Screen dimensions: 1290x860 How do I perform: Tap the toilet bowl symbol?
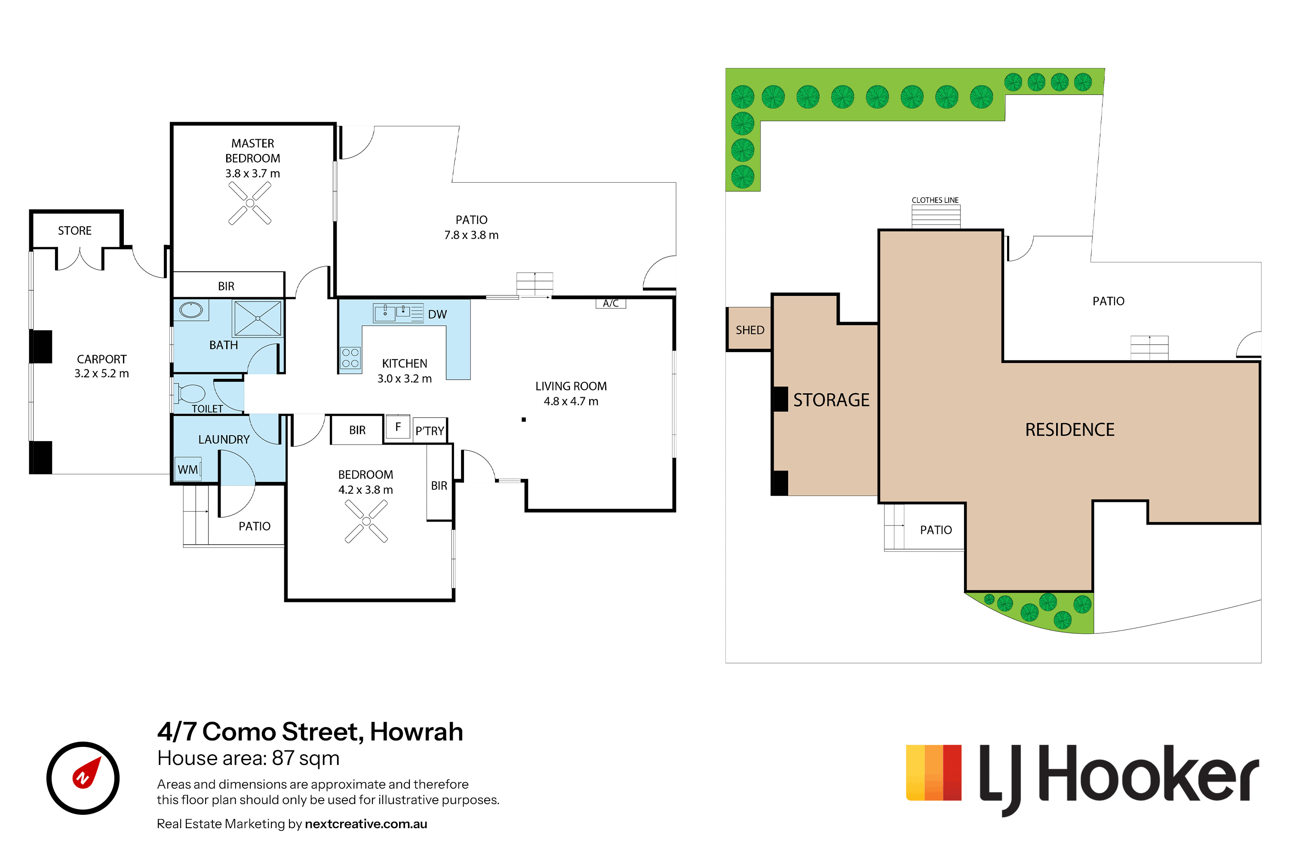[x=189, y=393]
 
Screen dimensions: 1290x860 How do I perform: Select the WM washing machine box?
[x=187, y=470]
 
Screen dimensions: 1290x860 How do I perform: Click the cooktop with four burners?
[x=350, y=358]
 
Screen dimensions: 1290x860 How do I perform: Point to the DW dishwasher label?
[x=438, y=314]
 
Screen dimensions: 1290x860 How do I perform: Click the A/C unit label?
[x=611, y=303]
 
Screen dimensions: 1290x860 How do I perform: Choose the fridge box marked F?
[x=398, y=427]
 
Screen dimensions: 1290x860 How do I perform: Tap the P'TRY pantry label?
[x=430, y=431]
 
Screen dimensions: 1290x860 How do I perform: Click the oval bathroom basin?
[x=191, y=310]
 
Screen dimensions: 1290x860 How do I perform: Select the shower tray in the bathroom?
[x=257, y=318]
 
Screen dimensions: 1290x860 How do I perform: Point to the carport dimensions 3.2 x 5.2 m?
[x=101, y=374]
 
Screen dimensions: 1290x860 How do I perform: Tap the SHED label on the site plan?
[x=750, y=330]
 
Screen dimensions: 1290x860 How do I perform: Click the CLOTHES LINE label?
[x=935, y=200]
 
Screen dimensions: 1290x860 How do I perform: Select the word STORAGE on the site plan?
[x=832, y=400]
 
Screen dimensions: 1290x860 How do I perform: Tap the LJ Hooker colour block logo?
[x=934, y=772]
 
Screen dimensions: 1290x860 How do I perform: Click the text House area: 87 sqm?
[x=249, y=758]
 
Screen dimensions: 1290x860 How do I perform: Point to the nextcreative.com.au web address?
[x=366, y=824]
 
